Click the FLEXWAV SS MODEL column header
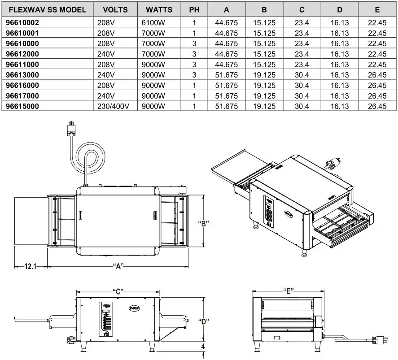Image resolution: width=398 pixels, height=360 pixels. point(47,9)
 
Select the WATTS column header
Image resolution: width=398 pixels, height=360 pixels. point(159,9)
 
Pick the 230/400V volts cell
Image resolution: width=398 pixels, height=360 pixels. point(114,106)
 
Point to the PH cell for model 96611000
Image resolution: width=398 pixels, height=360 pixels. point(195,65)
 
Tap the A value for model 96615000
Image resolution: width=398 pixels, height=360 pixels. point(226,106)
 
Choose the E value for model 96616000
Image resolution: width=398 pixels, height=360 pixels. point(377,86)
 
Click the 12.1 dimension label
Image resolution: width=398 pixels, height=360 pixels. point(30,266)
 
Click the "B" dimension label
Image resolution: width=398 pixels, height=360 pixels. point(204,223)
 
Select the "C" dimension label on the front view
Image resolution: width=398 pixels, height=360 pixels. point(118,291)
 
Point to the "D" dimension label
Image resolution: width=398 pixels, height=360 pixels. point(204,322)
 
